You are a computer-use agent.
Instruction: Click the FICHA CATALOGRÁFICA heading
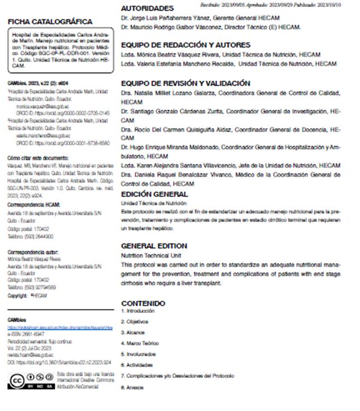(x=50, y=22)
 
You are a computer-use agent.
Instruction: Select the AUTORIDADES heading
(x=148, y=9)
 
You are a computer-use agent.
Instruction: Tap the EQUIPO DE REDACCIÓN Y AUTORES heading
(x=186, y=45)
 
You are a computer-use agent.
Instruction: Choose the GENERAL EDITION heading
(x=154, y=246)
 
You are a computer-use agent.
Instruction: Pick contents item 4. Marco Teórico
(x=140, y=343)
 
